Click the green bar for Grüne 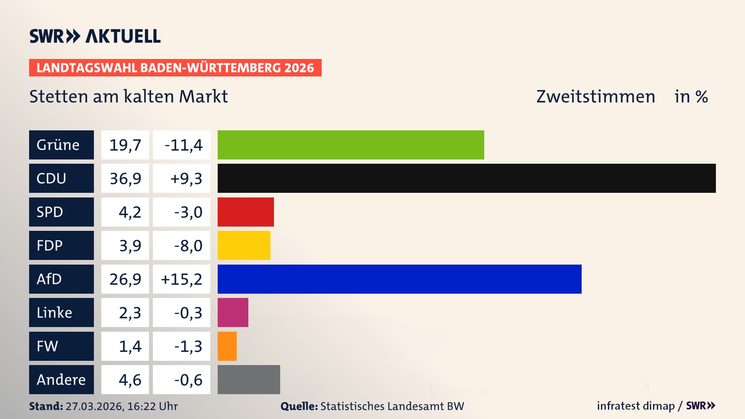tap(351, 145)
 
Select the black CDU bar tap(466, 178)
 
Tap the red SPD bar tap(246, 212)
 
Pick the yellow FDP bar tap(244, 245)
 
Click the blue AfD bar tap(399, 279)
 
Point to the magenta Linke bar tap(233, 312)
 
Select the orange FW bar tap(227, 346)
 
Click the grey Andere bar tap(249, 379)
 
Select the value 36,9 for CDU tap(125, 178)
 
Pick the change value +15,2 tap(182, 279)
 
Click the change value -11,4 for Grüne tap(183, 145)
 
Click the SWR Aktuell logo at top tap(95, 36)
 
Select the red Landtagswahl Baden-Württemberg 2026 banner tap(175, 68)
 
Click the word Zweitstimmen tap(596, 97)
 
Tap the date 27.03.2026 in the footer tap(94, 406)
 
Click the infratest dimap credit tap(636, 406)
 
